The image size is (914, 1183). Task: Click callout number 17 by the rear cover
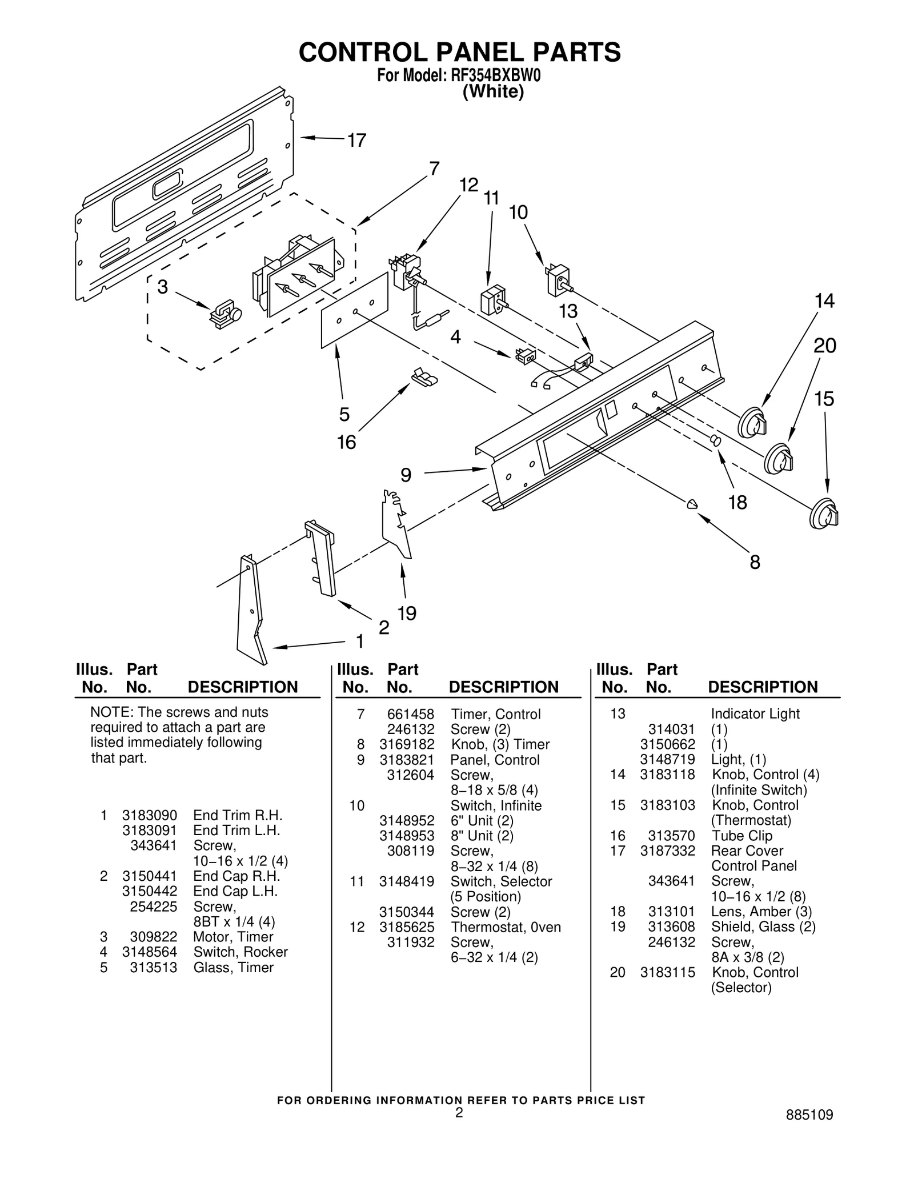coord(357,140)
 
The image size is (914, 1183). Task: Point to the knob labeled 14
coord(752,423)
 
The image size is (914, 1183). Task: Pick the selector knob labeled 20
coord(779,458)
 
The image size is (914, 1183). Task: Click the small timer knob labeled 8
coord(692,503)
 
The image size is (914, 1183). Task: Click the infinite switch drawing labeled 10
coord(558,279)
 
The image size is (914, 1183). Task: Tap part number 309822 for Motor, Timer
coord(153,937)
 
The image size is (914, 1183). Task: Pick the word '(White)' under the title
coord(492,92)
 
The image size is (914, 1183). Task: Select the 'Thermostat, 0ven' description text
coord(506,927)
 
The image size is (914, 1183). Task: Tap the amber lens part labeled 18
coord(715,440)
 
